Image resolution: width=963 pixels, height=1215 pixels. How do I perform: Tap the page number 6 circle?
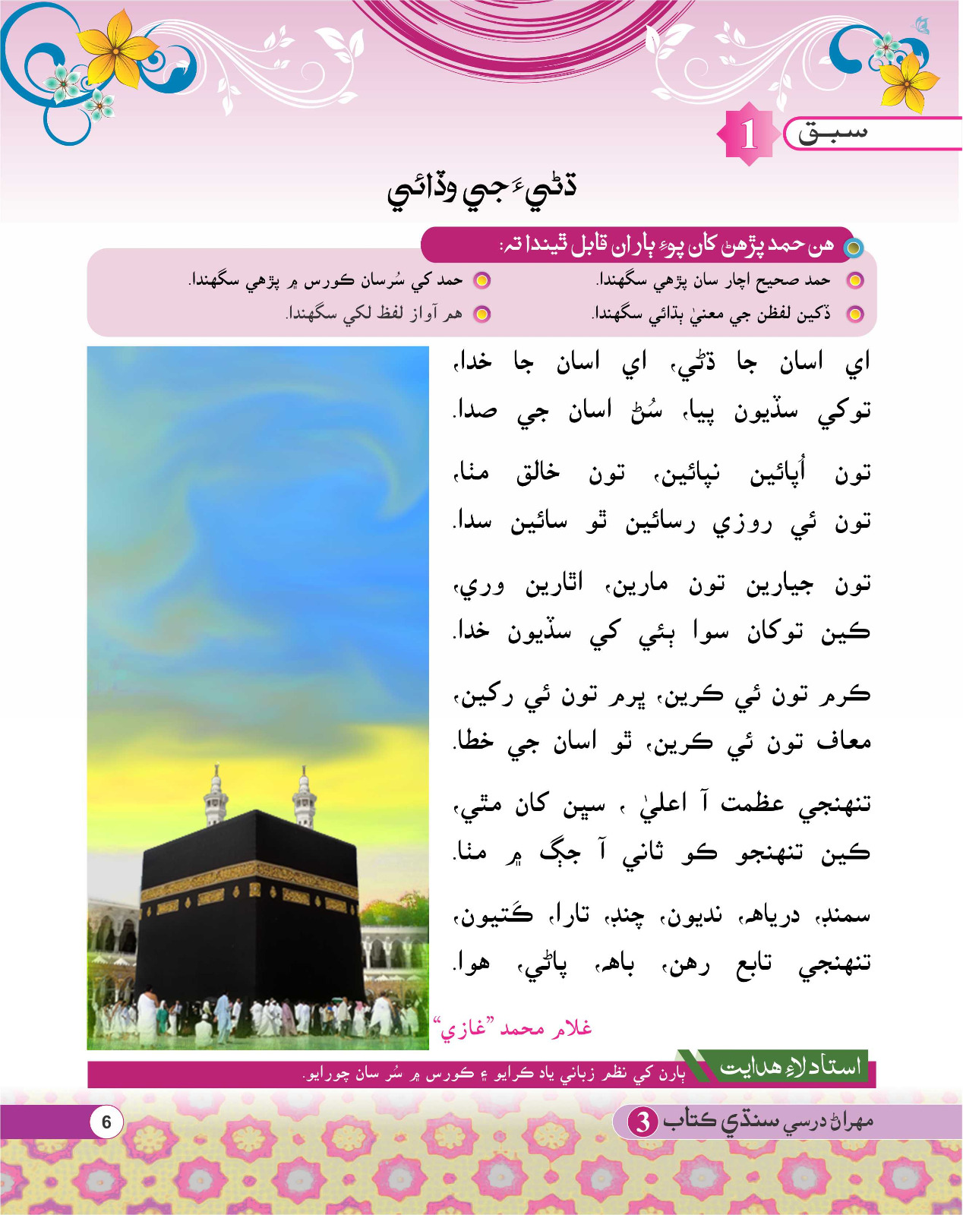point(106,1122)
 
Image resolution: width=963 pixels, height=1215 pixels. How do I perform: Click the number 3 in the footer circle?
point(643,1122)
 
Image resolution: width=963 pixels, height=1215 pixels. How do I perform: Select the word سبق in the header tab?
point(832,133)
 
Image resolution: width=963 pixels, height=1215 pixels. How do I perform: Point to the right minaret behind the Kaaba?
point(305,797)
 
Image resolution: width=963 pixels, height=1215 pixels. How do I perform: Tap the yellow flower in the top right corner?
point(909,80)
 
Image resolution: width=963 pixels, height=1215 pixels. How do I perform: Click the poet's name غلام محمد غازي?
point(513,1029)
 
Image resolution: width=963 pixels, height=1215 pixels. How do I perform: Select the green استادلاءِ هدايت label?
point(790,1066)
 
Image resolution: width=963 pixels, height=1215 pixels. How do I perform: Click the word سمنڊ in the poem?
point(844,915)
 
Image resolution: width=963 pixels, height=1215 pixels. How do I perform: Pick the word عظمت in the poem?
point(752,803)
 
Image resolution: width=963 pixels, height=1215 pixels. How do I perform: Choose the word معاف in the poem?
point(843,740)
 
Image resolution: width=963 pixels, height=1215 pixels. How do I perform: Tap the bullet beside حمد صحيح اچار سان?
point(855,280)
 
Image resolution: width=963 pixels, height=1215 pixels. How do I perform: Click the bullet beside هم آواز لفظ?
point(482,314)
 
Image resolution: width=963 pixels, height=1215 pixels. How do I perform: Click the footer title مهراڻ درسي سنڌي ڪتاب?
point(767,1121)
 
